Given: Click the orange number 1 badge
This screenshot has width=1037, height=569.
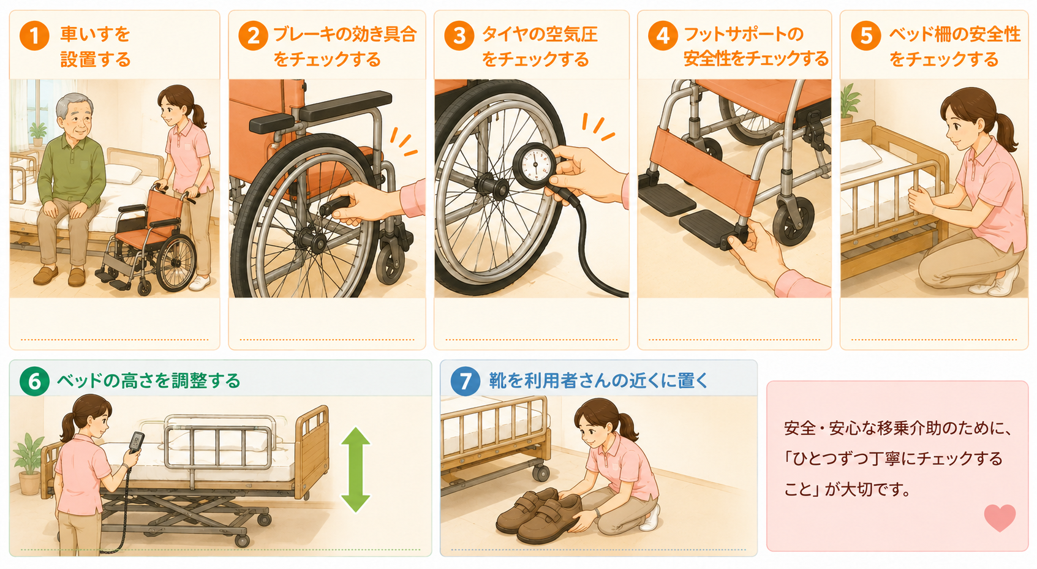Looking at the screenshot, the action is tap(34, 35).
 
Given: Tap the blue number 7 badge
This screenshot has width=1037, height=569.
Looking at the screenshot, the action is tap(466, 380).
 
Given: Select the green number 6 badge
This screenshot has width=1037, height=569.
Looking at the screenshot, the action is tap(34, 380).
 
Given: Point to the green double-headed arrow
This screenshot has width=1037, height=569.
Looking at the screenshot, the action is tap(355, 469).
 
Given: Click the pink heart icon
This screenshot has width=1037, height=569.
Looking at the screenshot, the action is tap(1000, 517).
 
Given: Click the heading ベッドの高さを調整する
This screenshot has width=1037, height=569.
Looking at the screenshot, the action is tap(149, 380).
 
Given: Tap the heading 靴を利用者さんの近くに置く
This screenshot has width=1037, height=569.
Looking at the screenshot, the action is tap(598, 380).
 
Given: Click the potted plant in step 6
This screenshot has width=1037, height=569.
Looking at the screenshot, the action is tap(29, 464).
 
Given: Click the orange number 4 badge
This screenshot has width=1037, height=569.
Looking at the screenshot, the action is tap(663, 35).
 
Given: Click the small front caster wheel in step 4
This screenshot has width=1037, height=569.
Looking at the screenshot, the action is tap(793, 220).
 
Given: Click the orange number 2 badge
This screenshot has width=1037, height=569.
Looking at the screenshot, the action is tap(253, 35).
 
